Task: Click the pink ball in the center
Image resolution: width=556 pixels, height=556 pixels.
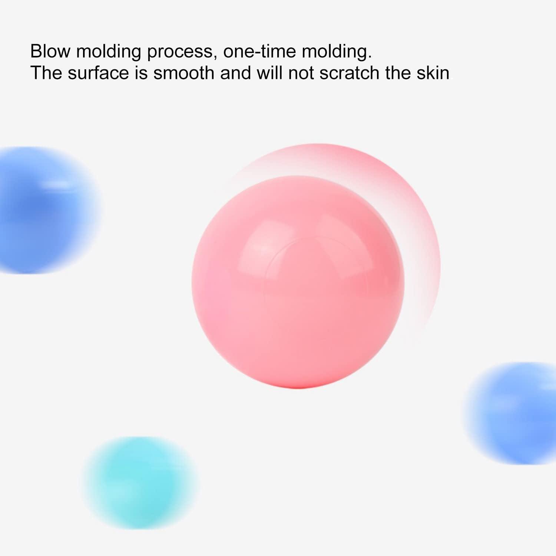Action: pyautogui.click(x=298, y=282)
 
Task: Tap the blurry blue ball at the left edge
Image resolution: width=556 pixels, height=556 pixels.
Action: pyautogui.click(x=46, y=210)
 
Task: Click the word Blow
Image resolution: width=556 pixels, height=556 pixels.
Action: pyautogui.click(x=50, y=51)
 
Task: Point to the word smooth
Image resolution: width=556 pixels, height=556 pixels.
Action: pyautogui.click(x=184, y=73)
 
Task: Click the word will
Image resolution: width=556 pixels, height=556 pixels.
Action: pyautogui.click(x=269, y=73)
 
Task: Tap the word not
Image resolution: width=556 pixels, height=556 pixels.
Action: pyautogui.click(x=301, y=73)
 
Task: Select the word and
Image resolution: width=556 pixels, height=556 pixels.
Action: pyautogui.click(x=235, y=73)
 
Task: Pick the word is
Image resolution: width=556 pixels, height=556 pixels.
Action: pyautogui.click(x=141, y=73)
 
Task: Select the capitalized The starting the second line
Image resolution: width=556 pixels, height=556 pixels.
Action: pyautogui.click(x=46, y=73)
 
